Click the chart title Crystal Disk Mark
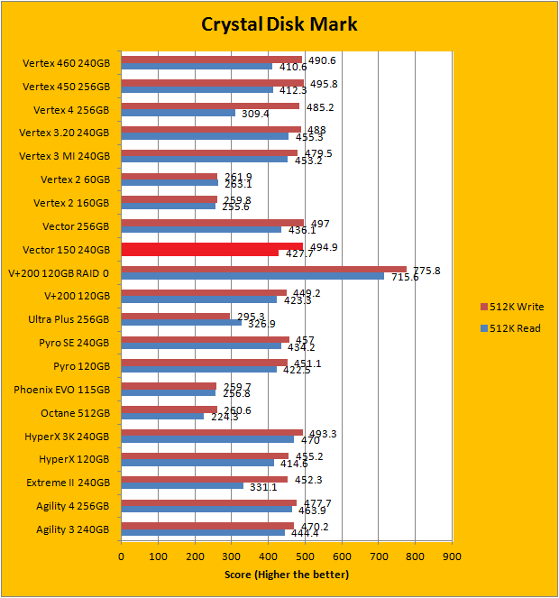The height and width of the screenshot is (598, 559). (x=279, y=24)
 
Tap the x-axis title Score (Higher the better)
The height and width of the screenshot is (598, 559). (x=286, y=575)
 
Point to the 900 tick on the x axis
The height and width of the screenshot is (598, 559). (x=452, y=557)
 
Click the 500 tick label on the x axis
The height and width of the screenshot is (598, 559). (x=305, y=557)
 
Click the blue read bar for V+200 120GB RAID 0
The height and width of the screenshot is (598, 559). (x=252, y=276)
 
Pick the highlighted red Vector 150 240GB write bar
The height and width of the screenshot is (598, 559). (x=212, y=246)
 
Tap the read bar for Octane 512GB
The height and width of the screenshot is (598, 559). (x=162, y=417)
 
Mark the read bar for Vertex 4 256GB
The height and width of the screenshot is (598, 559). (x=178, y=114)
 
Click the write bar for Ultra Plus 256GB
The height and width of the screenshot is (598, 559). (x=176, y=316)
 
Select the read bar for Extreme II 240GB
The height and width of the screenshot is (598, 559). (x=182, y=486)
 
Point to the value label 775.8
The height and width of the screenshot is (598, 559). (x=426, y=270)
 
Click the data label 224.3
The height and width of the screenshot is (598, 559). (x=224, y=417)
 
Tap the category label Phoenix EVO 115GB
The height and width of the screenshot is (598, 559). (x=63, y=390)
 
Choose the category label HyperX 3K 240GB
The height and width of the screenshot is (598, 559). (x=66, y=437)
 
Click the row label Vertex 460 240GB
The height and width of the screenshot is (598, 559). (x=66, y=63)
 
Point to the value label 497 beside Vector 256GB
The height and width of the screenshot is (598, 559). (x=318, y=222)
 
